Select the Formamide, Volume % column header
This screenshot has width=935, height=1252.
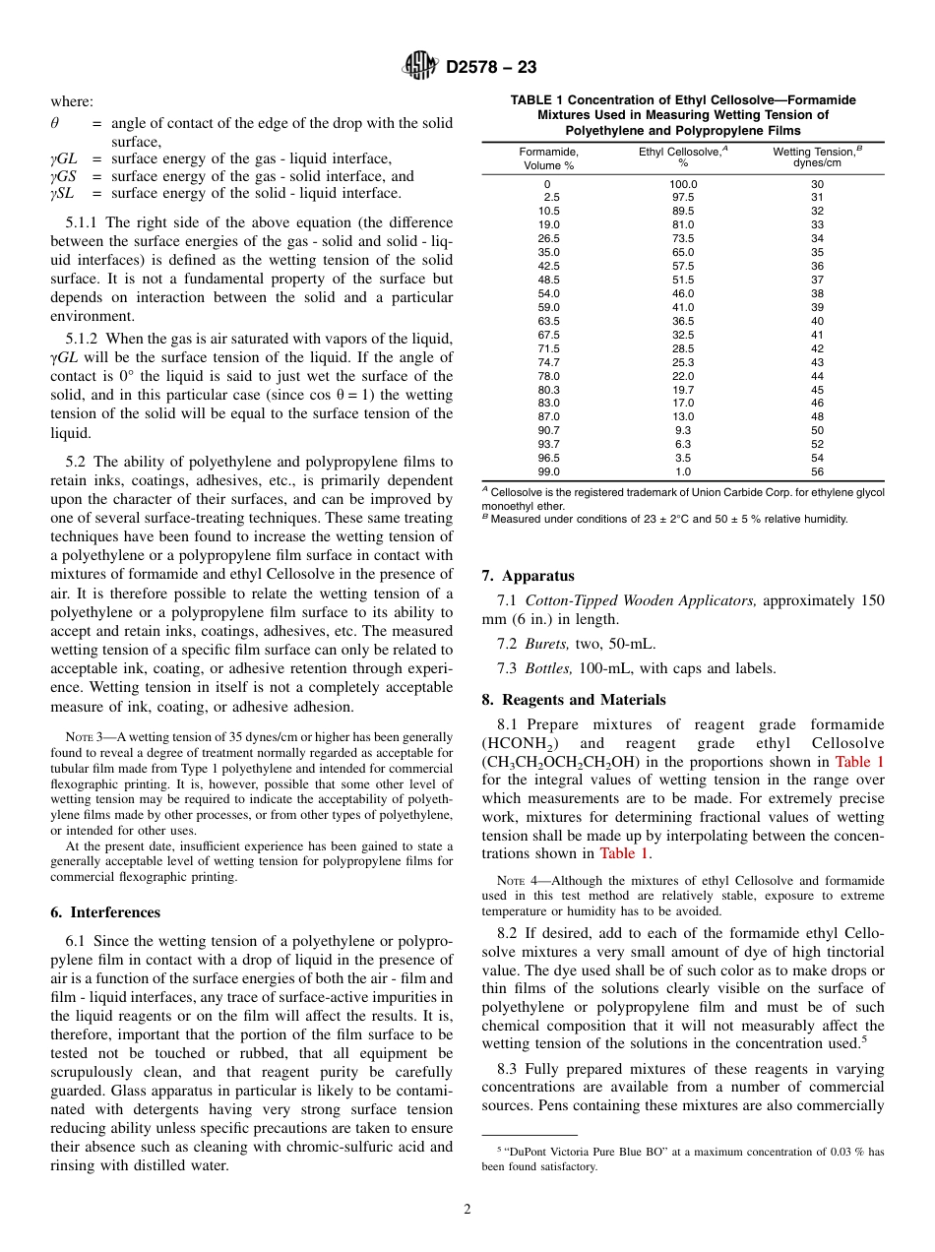point(548,157)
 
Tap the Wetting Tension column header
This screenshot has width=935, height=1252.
point(817,157)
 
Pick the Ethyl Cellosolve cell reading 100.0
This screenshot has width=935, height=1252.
point(683,184)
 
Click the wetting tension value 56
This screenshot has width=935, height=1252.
point(817,471)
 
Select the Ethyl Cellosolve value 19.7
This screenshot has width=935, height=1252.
point(683,390)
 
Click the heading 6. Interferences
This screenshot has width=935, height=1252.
point(105,912)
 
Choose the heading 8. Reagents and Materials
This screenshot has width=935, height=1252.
point(573,700)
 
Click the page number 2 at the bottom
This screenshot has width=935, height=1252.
point(467,1210)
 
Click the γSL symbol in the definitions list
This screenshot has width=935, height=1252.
point(63,194)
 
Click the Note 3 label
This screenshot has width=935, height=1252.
point(86,737)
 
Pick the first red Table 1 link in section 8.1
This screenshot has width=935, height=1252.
point(859,762)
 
